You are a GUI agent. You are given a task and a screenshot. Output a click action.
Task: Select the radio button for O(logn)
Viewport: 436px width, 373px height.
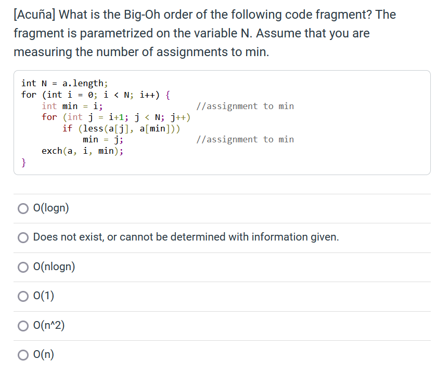click(x=23, y=208)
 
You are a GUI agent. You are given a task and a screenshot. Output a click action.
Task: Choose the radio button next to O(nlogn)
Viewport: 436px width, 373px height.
click(x=23, y=267)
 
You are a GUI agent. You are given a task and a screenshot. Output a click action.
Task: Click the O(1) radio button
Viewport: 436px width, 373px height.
click(x=23, y=297)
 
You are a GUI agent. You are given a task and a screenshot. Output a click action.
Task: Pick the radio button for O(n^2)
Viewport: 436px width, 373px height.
click(x=23, y=326)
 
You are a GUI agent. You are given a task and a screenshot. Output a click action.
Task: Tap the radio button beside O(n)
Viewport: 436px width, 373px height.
click(x=23, y=355)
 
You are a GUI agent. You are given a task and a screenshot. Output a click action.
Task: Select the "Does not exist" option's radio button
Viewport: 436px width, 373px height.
click(x=23, y=238)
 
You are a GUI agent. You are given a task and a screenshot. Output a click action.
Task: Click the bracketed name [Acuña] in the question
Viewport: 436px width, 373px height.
click(x=35, y=15)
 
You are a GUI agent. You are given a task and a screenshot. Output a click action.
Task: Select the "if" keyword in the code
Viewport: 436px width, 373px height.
click(x=68, y=128)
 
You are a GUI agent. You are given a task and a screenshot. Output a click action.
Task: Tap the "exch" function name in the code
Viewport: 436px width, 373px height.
click(x=52, y=151)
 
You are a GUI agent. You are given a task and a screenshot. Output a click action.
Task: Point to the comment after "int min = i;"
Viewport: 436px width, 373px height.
click(x=246, y=106)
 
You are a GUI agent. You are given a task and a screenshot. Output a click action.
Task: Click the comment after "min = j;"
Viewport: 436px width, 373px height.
click(x=246, y=139)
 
